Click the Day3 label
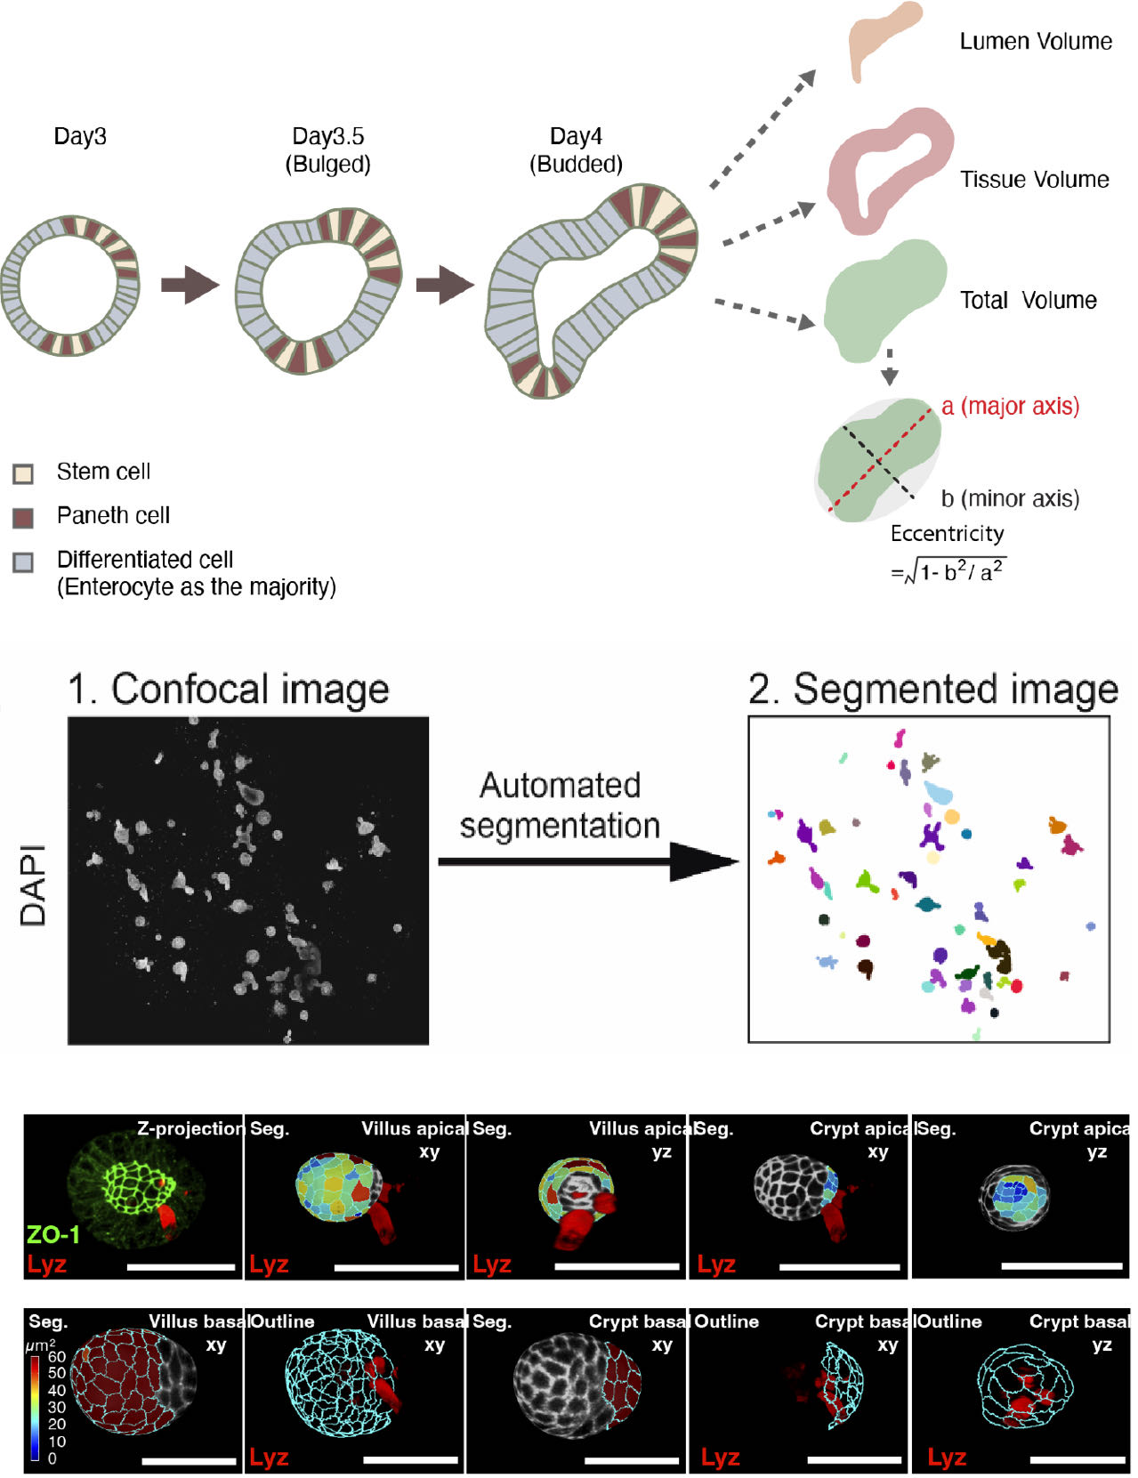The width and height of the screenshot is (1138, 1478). pos(80,136)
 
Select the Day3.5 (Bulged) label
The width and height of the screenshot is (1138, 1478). pos(327,149)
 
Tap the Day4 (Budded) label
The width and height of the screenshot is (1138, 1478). pos(576,149)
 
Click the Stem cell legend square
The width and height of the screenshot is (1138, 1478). pos(23,472)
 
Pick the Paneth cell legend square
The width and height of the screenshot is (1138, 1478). pos(23,517)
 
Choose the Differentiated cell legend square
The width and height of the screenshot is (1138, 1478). pos(23,562)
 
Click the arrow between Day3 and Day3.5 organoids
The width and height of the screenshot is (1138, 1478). pos(189,285)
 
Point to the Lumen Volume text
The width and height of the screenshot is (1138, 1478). pos(1035,42)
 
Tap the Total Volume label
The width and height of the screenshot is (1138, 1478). pos(1028,300)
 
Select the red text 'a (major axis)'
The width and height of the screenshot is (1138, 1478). pos(1010,407)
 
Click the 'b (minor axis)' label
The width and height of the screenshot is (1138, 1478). pos(1010,498)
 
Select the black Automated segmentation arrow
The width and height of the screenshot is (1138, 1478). pos(587,861)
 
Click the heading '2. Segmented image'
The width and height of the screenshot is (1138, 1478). pos(932,690)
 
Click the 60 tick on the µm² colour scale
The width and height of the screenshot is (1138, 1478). pos(56,1357)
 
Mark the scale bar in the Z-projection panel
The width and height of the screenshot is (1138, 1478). pos(181,1265)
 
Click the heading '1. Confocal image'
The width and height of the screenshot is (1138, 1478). pos(229,690)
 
